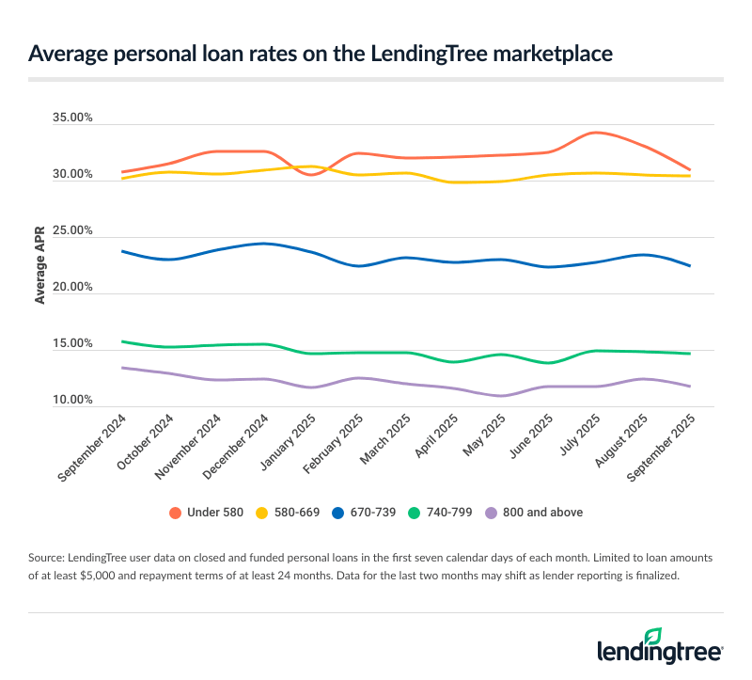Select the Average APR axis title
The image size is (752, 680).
point(39,263)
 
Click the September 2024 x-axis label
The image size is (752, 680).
point(94,450)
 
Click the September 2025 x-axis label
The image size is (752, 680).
point(662,450)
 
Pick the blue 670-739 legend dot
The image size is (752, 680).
point(352,513)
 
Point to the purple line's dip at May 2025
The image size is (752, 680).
point(502,395)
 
